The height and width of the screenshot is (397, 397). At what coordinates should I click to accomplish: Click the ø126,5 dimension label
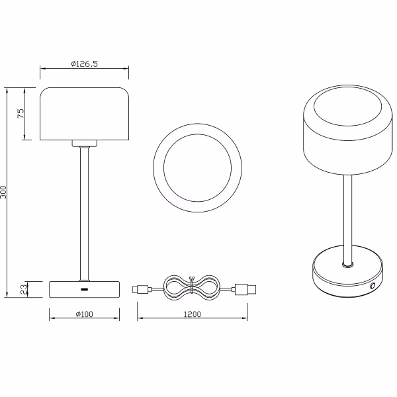tap(84, 64)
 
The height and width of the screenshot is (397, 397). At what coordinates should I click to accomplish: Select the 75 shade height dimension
tap(20, 113)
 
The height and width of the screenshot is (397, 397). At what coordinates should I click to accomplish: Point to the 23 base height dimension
tap(23, 288)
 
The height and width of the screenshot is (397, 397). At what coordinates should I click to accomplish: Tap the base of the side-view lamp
tap(84, 288)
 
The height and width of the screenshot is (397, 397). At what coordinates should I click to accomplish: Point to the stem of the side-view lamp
tap(84, 212)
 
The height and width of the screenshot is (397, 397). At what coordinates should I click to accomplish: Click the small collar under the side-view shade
tap(84, 143)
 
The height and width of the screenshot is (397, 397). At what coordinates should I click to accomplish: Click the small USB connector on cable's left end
tap(141, 288)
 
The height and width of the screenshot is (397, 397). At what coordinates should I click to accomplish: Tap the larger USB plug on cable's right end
tap(245, 288)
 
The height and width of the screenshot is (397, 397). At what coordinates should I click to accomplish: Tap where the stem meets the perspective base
tap(346, 264)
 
